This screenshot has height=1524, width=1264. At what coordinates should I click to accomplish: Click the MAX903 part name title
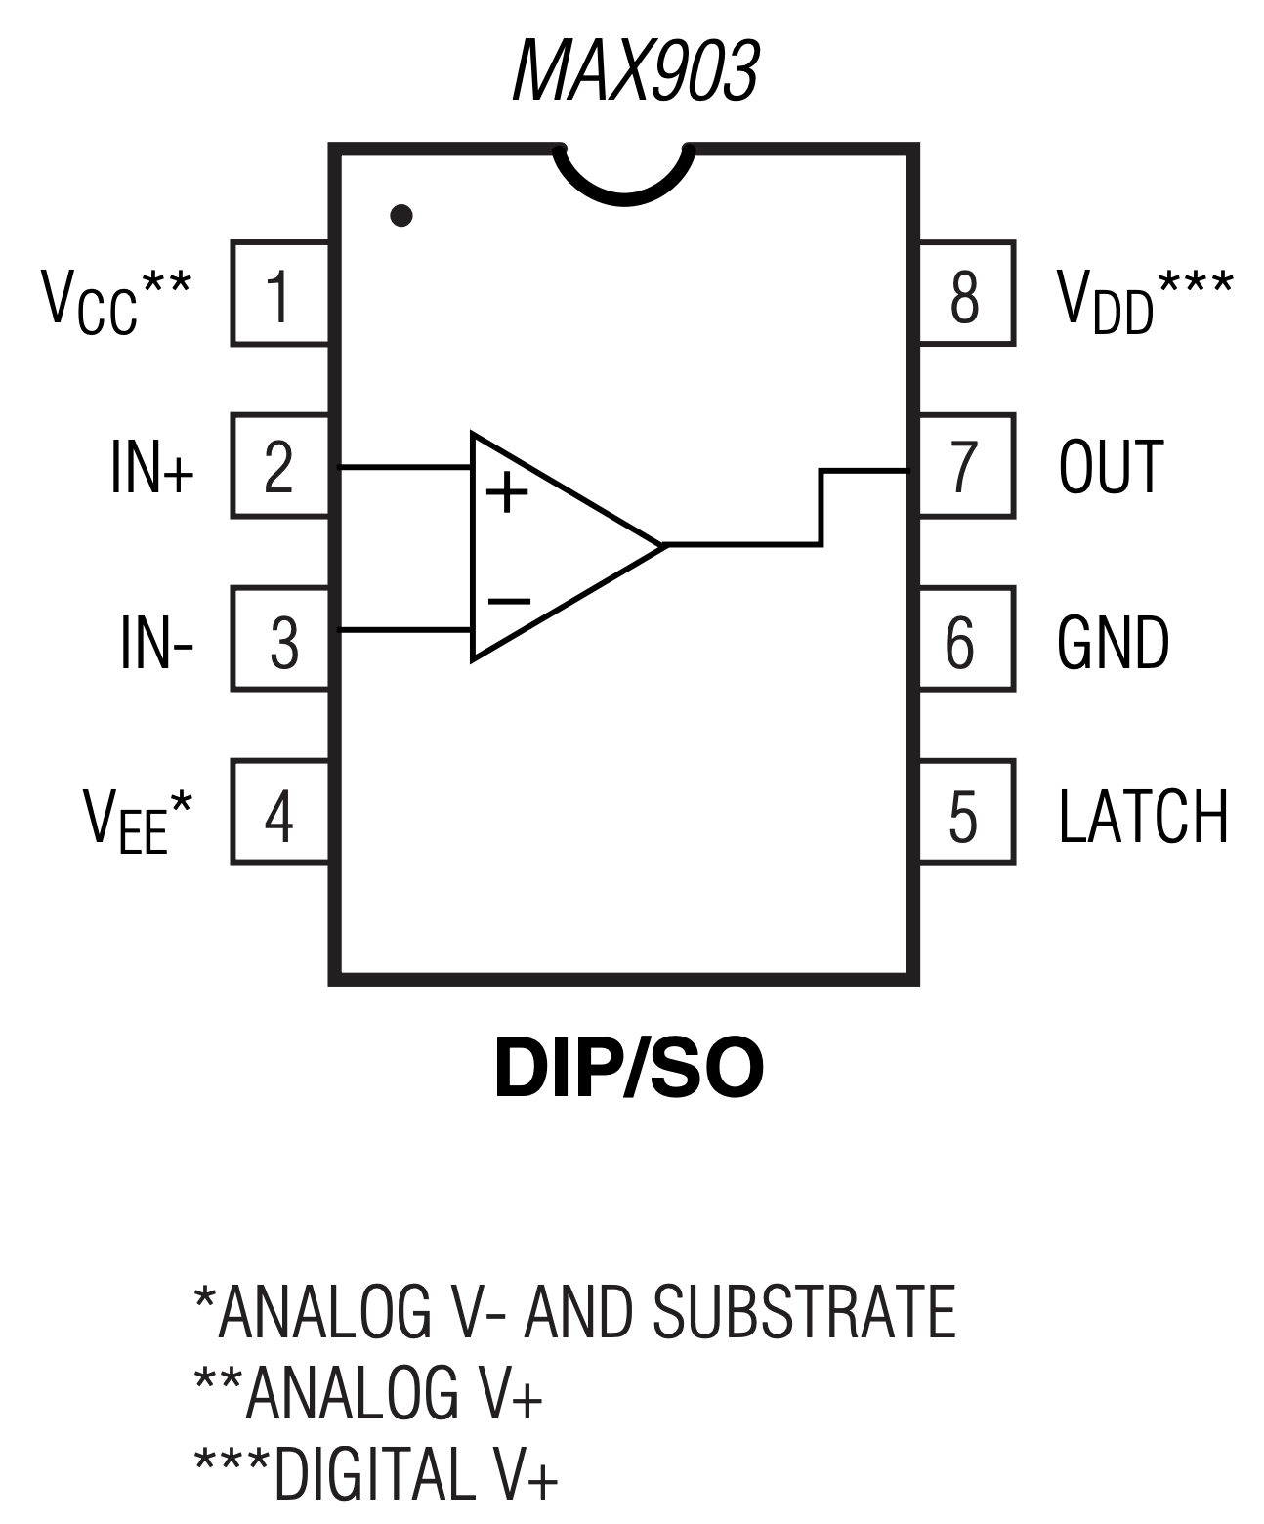[x=635, y=71]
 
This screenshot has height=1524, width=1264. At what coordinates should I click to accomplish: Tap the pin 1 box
[x=280, y=293]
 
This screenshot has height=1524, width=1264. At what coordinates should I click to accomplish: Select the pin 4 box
[x=280, y=813]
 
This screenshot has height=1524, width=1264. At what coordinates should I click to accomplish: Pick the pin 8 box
[x=966, y=293]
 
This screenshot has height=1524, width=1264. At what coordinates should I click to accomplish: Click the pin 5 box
[x=966, y=813]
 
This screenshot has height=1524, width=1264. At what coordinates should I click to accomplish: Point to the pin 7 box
[x=966, y=466]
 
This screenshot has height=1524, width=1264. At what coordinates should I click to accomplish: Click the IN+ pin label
[x=152, y=468]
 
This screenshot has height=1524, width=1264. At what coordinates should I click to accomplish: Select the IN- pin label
[x=156, y=642]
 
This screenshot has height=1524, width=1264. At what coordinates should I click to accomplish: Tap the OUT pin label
[x=1111, y=467]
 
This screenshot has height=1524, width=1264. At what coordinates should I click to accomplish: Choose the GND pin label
[x=1113, y=642]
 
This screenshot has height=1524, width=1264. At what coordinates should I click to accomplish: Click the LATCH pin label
[x=1143, y=816]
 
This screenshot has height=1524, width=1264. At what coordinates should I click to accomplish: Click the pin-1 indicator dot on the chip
[x=400, y=215]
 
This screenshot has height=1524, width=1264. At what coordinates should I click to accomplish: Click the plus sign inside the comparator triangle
[x=507, y=492]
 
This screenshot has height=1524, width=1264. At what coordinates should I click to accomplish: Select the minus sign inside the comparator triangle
[x=509, y=601]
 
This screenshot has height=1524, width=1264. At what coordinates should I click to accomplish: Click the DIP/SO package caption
[x=628, y=1069]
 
